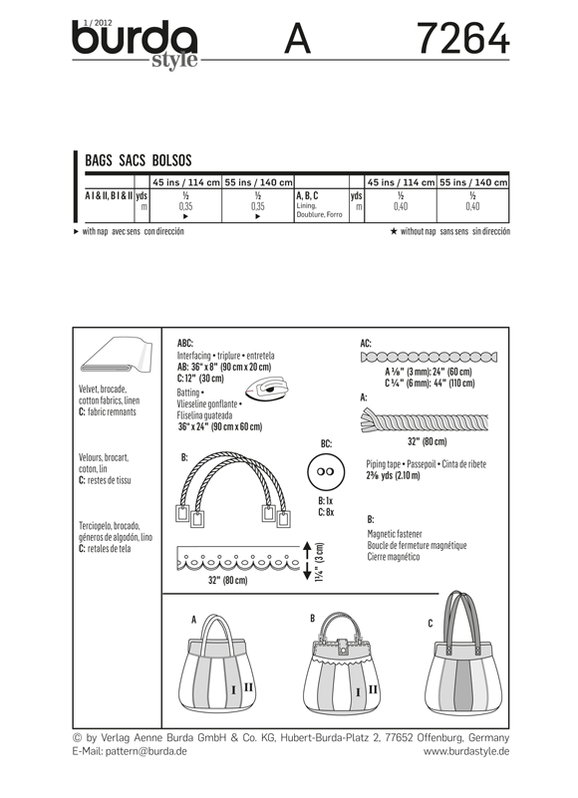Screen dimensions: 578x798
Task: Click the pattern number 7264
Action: [x=462, y=40]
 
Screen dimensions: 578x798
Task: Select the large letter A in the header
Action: [x=298, y=41]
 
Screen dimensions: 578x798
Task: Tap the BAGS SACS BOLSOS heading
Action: [x=139, y=159]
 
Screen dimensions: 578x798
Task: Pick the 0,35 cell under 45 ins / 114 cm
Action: [x=185, y=207]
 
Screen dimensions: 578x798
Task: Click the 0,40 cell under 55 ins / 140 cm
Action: [x=472, y=207]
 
